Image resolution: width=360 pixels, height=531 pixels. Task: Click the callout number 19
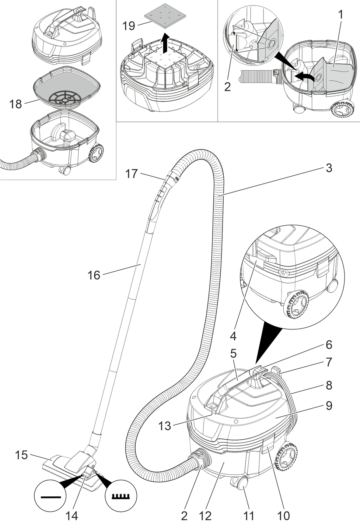129,26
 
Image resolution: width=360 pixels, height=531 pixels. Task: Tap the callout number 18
15,104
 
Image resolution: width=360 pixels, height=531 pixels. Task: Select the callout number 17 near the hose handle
131,174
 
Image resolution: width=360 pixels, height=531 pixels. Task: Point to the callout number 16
94,275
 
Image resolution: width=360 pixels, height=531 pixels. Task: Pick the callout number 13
164,426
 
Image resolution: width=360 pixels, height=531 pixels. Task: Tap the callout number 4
233,336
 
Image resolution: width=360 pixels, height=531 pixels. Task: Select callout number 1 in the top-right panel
340,15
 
